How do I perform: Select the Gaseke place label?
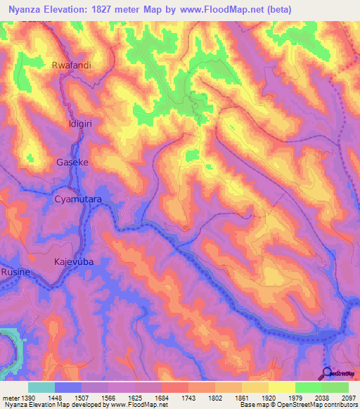pyautogui.click(x=72, y=162)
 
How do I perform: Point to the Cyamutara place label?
pyautogui.click(x=79, y=200)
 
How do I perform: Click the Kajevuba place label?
pyautogui.click(x=74, y=261)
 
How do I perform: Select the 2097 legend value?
pyautogui.click(x=349, y=397)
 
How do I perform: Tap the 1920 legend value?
pyautogui.click(x=269, y=397)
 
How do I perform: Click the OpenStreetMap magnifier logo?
pyautogui.click(x=328, y=374)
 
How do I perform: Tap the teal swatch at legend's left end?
pyautogui.click(x=41, y=387)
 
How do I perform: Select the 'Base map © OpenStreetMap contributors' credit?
pyautogui.click(x=297, y=405)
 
